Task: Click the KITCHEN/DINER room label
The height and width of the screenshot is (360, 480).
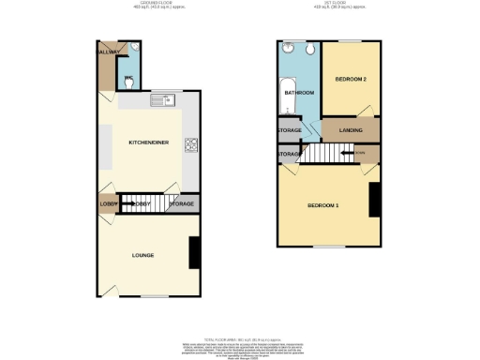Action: coord(143,142)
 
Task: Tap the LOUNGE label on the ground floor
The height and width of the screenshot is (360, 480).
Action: coord(142,255)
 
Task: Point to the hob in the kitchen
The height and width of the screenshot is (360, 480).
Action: coord(191,144)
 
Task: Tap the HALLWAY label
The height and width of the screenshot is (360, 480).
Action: coord(105,52)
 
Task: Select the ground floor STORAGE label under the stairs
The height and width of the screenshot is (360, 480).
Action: coord(182,203)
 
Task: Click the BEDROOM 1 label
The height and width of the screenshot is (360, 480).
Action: coord(323,205)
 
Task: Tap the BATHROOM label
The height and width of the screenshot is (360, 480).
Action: coord(299,93)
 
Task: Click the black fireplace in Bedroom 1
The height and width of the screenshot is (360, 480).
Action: coord(374,201)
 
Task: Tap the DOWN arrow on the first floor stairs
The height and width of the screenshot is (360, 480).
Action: coord(359,153)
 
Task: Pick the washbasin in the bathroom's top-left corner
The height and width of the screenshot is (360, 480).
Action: coord(288,50)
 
